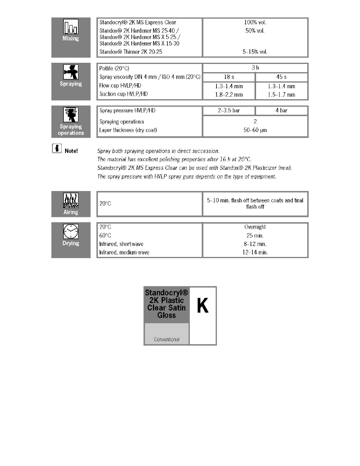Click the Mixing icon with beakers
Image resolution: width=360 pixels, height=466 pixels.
coord(71,27)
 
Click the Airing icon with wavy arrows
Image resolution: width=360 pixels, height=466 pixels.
coord(71,201)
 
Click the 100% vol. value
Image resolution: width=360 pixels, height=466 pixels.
coord(255,23)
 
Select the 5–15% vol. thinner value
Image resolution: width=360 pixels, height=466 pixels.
coord(255,51)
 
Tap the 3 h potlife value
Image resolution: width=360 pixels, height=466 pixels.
coord(255,68)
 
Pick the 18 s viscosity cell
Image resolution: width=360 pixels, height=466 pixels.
coord(229,77)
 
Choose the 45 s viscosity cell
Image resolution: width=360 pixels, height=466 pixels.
coord(282,77)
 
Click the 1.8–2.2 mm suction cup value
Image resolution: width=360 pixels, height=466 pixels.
coord(229,95)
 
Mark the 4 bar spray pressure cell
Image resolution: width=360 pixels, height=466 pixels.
coord(282,111)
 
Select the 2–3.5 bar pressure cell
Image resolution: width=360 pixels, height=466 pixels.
coord(229,111)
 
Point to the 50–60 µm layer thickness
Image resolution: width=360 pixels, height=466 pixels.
coord(255,130)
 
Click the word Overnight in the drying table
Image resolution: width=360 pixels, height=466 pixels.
coord(255,227)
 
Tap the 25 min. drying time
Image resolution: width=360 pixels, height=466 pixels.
coord(255,235)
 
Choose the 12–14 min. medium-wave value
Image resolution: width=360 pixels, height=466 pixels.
coord(255,253)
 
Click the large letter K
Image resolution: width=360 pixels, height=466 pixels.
coord(202,306)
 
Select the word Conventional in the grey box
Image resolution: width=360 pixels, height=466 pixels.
coord(167,339)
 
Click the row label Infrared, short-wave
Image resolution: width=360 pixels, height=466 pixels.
coord(122,244)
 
